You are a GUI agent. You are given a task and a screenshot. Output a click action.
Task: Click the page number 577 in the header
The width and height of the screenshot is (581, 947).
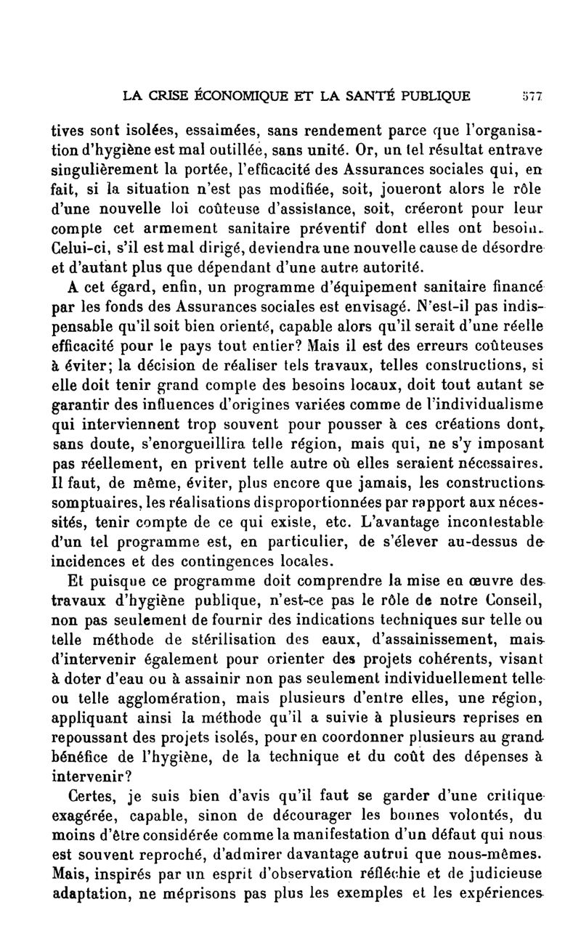pos(538,94)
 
